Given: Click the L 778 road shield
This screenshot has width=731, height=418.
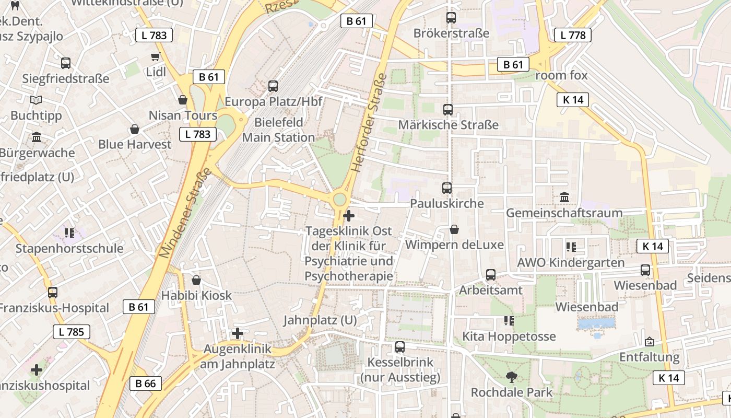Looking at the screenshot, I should tap(572, 35).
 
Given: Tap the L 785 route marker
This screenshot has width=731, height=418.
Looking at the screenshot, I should tap(71, 332).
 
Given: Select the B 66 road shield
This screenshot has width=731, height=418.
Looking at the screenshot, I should tap(145, 384).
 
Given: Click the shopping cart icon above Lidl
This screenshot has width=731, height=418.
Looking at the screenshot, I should tap(155, 56).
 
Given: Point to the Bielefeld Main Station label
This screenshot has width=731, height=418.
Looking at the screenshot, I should tap(278, 130).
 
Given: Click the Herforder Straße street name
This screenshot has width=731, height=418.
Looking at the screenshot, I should tap(369, 122).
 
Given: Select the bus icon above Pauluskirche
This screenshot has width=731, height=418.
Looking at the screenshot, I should tap(446, 188).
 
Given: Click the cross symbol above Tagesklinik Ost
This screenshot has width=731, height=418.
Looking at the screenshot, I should tap(349, 216).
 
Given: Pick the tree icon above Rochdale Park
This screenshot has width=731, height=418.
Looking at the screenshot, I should tap(511, 377).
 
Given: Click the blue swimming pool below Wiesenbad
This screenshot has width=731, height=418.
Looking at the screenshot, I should tap(596, 324).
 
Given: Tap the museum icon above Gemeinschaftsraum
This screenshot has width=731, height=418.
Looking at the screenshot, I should tap(564, 198).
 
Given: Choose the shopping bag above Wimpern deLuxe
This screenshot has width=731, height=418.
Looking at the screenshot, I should tap(454, 229).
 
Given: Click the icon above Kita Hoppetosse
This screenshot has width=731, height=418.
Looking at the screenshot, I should tap(509, 320).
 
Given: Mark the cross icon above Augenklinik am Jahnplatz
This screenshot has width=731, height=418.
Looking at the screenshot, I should tap(238, 333).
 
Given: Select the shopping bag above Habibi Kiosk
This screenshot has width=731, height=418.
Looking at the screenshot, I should tap(196, 280).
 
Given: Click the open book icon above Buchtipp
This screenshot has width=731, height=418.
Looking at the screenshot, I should tap(36, 100).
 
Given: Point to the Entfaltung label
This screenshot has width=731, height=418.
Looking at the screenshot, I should tap(649, 357).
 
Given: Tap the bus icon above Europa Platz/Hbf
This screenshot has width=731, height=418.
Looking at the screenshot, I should tap(273, 86).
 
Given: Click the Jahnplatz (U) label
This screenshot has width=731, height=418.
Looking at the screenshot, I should tap(320, 320).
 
